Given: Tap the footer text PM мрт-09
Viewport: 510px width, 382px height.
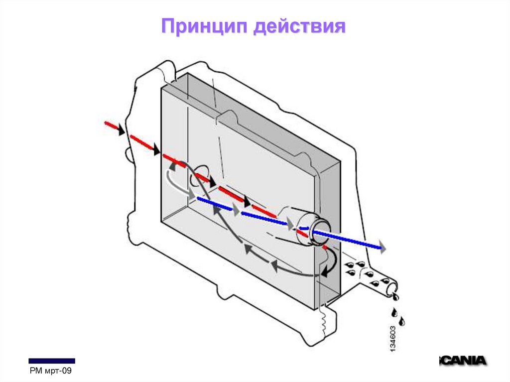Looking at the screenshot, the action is tap(51, 371).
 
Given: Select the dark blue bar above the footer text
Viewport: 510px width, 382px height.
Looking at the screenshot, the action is tap(52, 361).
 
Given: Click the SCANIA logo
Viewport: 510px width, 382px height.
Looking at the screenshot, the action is tap(463, 360).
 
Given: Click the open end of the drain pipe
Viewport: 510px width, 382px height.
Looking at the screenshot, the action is tap(394, 288).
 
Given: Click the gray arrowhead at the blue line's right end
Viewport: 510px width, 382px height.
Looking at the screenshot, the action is tap(382, 247).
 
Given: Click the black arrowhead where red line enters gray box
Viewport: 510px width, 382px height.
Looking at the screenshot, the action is tap(157, 149).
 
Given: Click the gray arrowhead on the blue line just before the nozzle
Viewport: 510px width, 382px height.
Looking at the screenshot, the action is tap(291, 225).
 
